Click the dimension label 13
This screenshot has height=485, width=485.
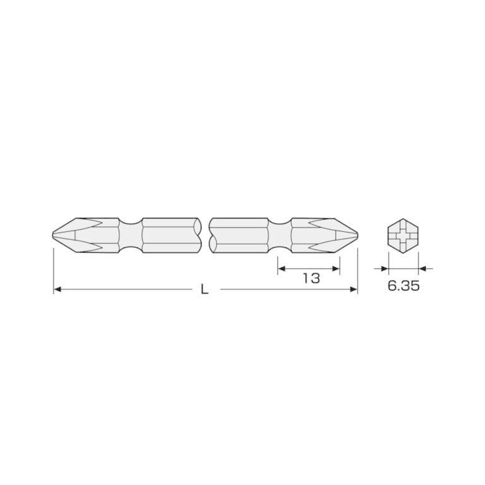(x=311, y=278)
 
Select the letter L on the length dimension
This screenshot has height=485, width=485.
(x=204, y=289)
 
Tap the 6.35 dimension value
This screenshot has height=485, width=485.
(x=403, y=285)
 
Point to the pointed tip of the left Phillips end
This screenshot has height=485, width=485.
(x=53, y=237)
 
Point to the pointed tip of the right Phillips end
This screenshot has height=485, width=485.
(x=357, y=237)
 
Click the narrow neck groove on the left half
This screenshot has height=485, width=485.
(x=130, y=237)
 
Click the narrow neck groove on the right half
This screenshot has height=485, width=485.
(x=280, y=237)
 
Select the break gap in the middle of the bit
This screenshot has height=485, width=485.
(x=205, y=237)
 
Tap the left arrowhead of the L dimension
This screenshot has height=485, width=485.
(x=57, y=289)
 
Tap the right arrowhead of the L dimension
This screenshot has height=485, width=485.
(x=354, y=289)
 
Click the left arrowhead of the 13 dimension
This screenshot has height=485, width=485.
(x=282, y=268)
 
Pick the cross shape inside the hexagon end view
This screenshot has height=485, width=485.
(x=403, y=237)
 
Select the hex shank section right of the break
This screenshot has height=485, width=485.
(x=239, y=237)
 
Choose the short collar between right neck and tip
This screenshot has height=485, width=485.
(x=299, y=237)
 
